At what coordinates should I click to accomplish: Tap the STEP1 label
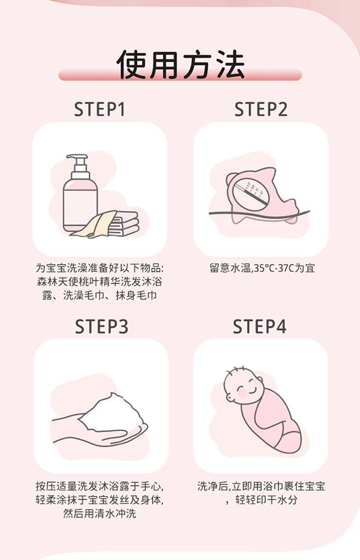[x=100, y=110]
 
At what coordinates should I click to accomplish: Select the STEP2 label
[x=261, y=110]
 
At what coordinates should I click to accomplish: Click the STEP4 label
[x=260, y=327]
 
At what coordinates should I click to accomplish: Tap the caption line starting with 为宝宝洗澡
[x=100, y=268]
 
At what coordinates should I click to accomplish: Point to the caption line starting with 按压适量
[x=100, y=486]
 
